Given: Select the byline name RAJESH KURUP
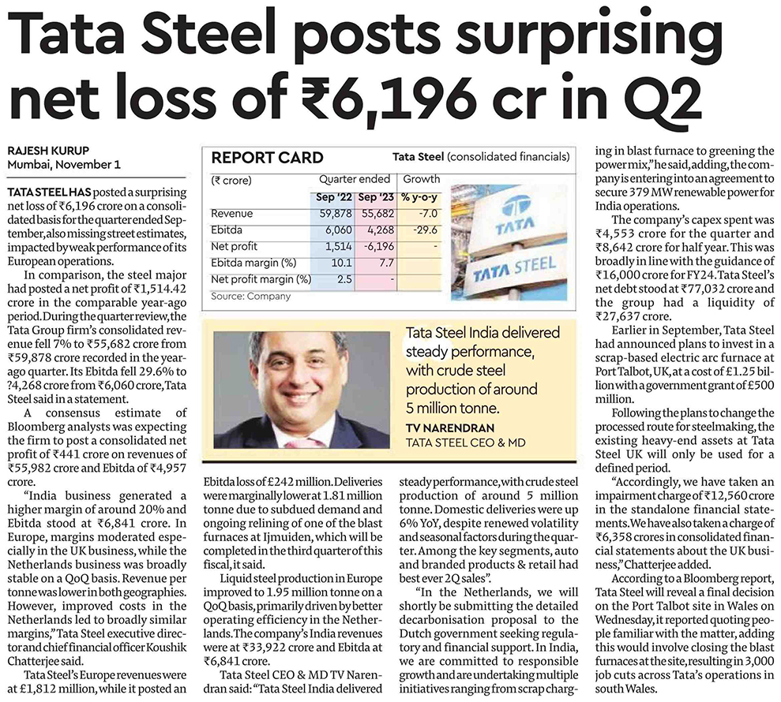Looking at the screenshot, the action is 48,151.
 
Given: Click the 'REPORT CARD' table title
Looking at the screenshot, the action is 268,158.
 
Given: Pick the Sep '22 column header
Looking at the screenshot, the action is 333,197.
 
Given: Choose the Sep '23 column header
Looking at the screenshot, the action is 376,197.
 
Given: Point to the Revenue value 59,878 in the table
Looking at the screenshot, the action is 336,214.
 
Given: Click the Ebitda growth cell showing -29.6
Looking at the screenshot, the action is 425,230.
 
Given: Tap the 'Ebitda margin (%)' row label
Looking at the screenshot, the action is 253,263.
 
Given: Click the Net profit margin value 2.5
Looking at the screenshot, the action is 344,279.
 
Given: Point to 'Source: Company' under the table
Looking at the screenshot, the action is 250,296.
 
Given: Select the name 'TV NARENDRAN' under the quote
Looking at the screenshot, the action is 450,428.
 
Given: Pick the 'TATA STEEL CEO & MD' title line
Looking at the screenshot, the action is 466,442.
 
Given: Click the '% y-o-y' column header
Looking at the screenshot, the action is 419,197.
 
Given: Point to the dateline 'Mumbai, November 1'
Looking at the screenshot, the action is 64,165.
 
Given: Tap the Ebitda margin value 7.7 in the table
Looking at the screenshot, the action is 386,263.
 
